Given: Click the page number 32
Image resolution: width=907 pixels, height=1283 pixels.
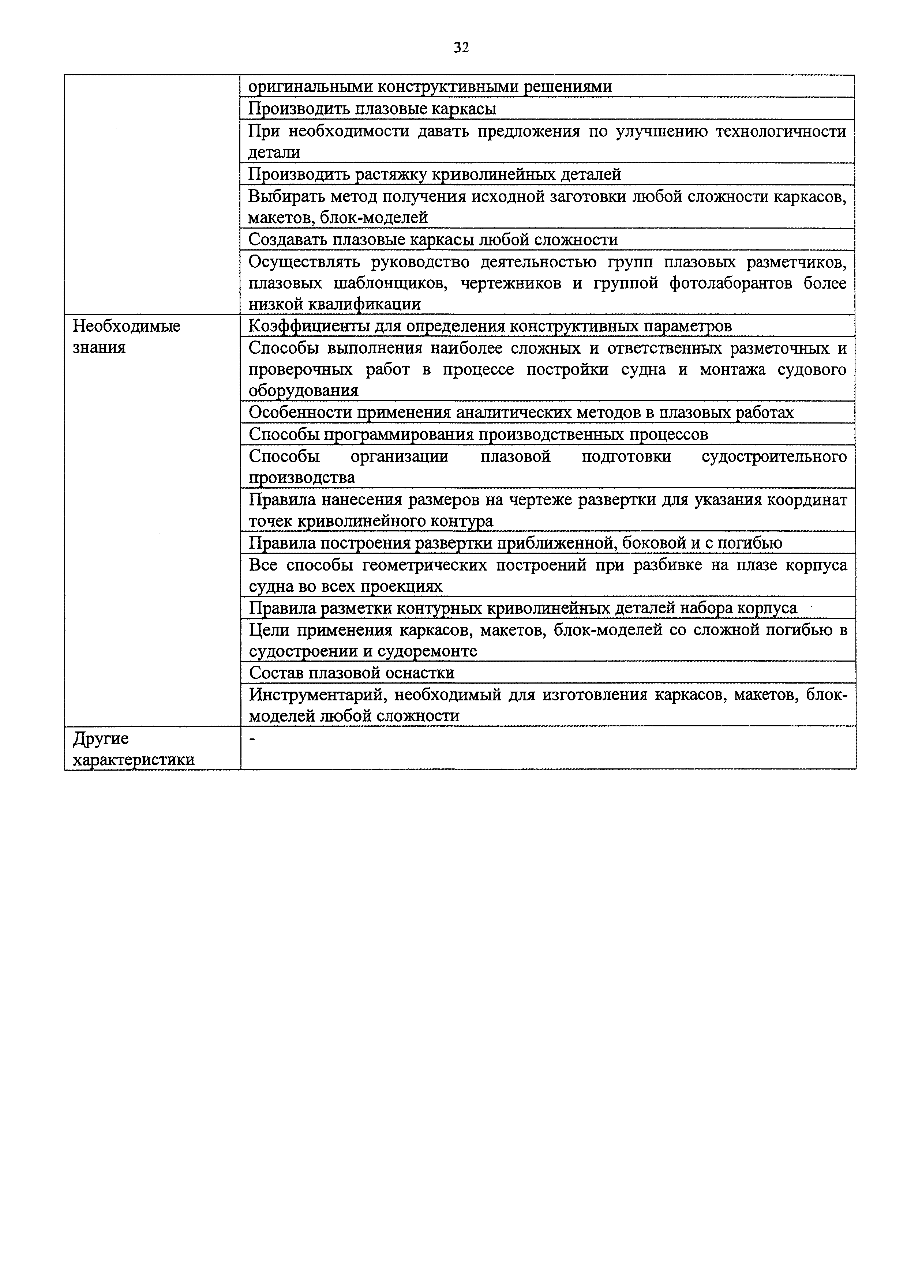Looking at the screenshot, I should (461, 48).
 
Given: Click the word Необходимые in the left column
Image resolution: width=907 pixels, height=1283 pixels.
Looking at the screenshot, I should (127, 326).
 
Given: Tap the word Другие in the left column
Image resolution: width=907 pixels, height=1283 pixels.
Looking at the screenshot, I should (101, 739).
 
